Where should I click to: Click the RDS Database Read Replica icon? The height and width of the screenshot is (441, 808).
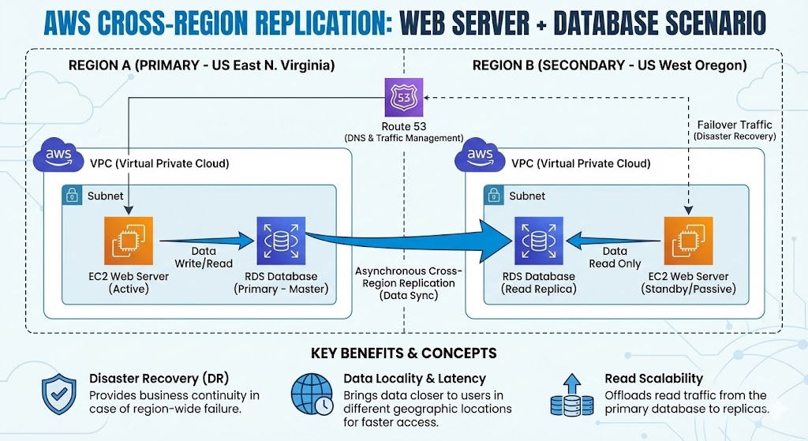[540, 241]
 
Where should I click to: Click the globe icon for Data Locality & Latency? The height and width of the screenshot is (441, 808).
[312, 394]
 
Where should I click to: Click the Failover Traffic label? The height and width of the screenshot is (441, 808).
[735, 125]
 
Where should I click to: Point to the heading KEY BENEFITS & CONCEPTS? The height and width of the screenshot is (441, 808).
[404, 352]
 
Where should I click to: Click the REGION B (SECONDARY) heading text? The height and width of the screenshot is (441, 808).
[609, 65]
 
